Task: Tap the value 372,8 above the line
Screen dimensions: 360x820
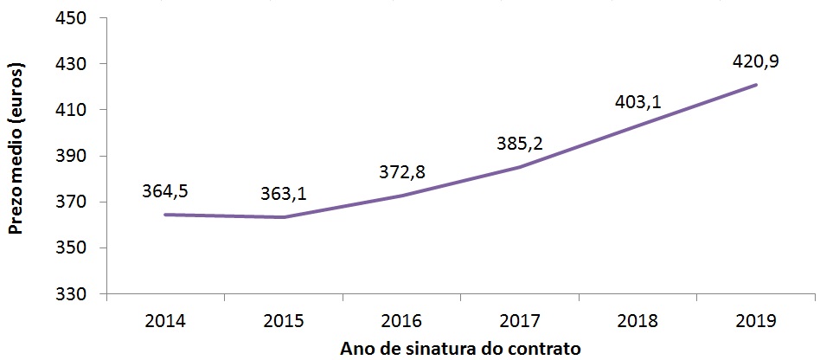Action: coord(400,172)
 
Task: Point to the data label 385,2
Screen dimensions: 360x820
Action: coord(520,143)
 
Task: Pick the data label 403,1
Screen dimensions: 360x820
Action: coord(637,102)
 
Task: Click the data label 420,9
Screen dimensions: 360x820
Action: coord(756,62)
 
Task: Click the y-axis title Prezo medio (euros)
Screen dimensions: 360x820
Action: coord(16,156)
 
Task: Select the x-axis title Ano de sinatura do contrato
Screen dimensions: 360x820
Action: coord(459,348)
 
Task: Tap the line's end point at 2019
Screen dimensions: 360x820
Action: coord(757,85)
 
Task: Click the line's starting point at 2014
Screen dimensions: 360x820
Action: coord(165,215)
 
